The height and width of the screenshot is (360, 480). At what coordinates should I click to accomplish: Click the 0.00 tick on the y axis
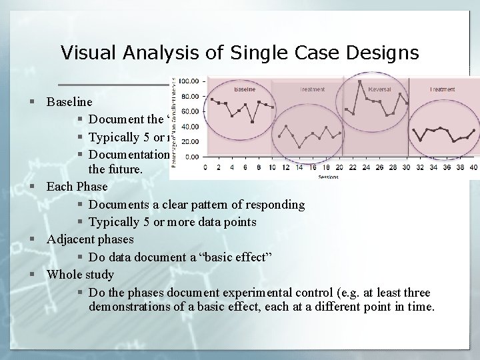point(191,157)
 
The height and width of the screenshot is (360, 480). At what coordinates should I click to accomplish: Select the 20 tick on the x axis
point(339,167)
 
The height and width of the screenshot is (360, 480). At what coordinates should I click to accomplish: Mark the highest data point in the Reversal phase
point(360,81)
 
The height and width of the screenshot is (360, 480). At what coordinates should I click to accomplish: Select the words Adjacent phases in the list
point(90,239)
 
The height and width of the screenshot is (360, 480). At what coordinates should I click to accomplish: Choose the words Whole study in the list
point(80,275)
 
